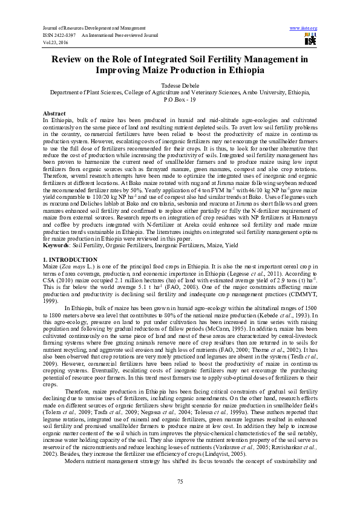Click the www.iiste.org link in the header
[304, 28]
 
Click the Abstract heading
[54, 114]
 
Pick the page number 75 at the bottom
[180, 481]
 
